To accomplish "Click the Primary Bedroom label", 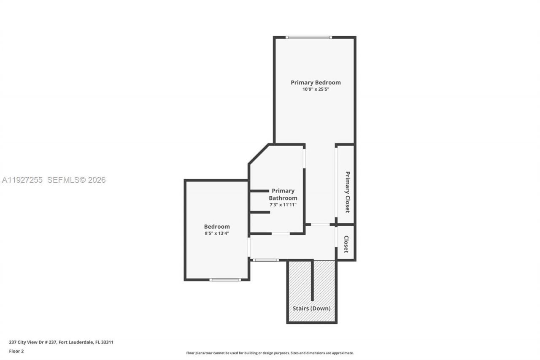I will (x=316, y=83).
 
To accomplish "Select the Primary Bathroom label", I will (x=283, y=195).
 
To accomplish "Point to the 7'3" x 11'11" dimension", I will (x=283, y=205).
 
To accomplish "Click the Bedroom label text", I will (x=217, y=227).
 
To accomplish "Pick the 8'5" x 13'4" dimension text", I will (x=217, y=233).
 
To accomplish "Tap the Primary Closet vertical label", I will (x=347, y=192).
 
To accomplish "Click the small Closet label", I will (x=346, y=244).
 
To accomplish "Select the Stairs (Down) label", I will (x=311, y=309).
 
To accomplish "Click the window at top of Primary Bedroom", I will (x=308, y=38).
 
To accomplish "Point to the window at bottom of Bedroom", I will (x=225, y=279).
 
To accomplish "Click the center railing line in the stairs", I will (x=312, y=281).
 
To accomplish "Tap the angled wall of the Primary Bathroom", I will (x=259, y=154).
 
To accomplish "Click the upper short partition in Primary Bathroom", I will (x=259, y=191).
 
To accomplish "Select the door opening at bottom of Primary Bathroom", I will (x=281, y=233).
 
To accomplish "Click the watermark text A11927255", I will (x=22, y=180).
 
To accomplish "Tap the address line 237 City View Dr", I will (x=61, y=342).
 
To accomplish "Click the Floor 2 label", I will (x=16, y=351).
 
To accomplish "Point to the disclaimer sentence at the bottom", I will (x=270, y=353).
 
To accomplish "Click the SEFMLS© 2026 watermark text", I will (x=76, y=180).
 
